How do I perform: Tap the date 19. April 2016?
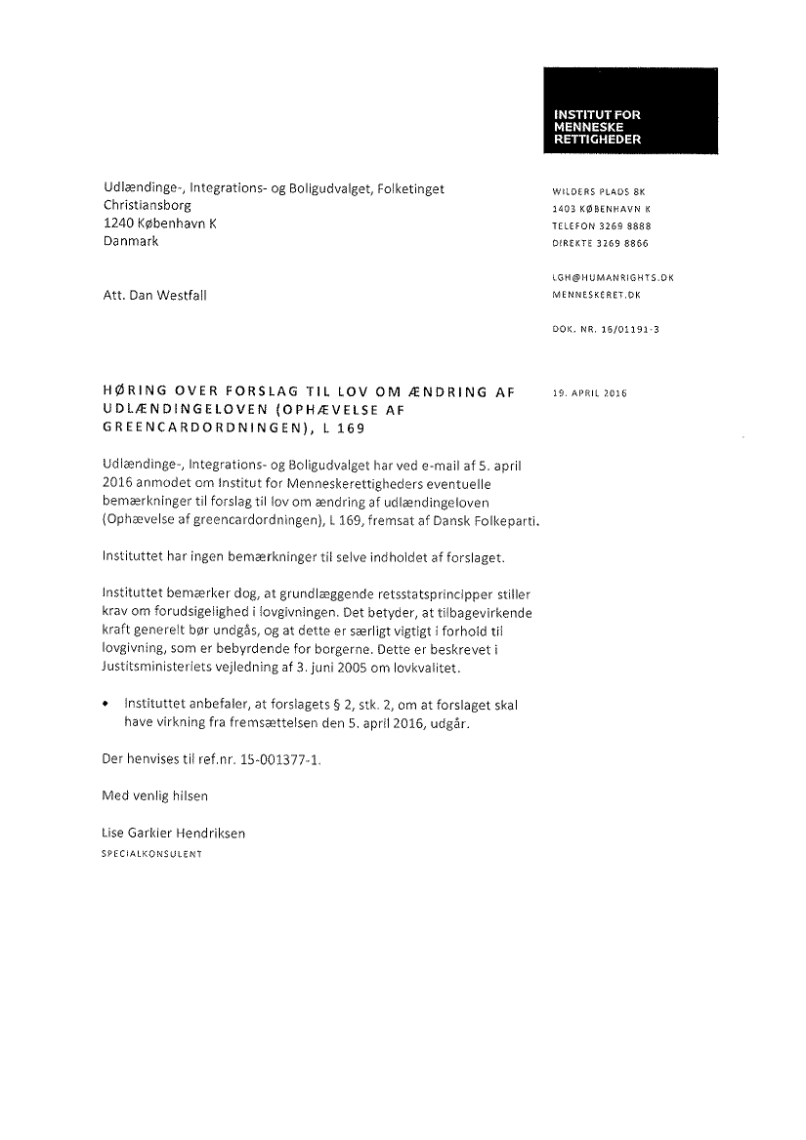pyautogui.click(x=589, y=394)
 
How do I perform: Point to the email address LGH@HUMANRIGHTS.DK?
pyautogui.click(x=613, y=278)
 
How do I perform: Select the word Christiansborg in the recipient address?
pyautogui.click(x=148, y=206)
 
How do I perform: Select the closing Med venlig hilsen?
pyautogui.click(x=155, y=795)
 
